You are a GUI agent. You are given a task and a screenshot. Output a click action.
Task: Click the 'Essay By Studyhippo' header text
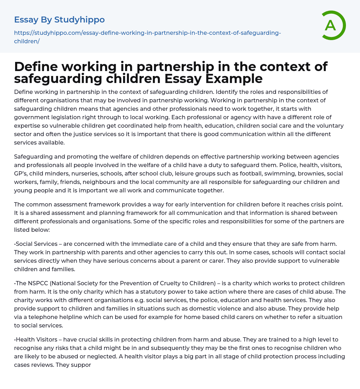pos(59,20)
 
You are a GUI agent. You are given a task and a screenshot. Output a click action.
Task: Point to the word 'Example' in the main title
pos(234,78)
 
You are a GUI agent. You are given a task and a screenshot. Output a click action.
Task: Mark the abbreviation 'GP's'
pos(21,174)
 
